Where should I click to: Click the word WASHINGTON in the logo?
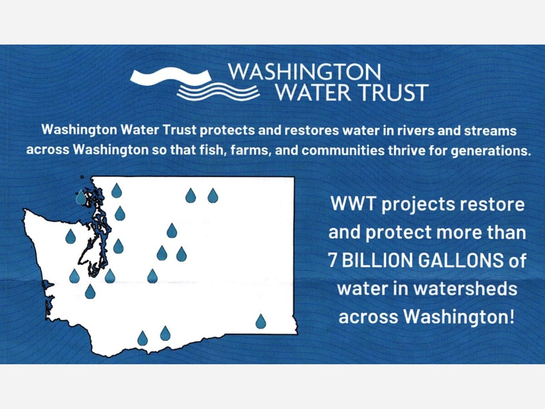pos(304,72)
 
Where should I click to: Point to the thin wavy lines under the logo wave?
pos(218,92)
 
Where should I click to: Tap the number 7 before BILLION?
pos(333,260)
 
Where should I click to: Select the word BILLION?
pos(378,260)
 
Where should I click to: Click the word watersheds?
pos(466,289)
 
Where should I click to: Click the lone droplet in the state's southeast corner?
pos(261,321)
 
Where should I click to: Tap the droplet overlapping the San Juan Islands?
pos(81,197)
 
